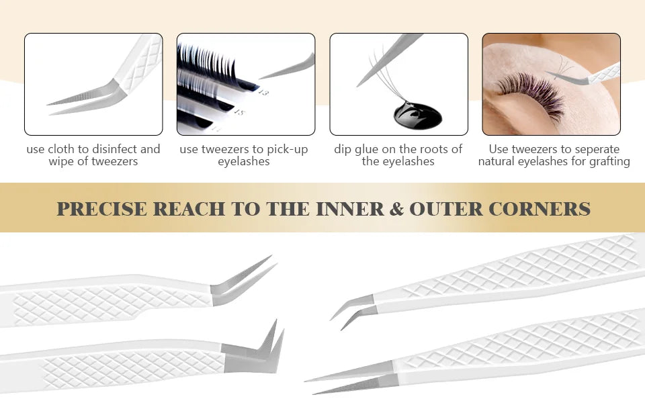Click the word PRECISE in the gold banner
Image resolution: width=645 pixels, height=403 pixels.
pos(101,209)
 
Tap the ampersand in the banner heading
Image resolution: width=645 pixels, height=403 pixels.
pos(396,209)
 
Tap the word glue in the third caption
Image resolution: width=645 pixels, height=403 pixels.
pos(368,150)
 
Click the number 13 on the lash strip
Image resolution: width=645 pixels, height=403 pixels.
pos(263,93)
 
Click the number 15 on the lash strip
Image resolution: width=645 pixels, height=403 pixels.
pos(239,111)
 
